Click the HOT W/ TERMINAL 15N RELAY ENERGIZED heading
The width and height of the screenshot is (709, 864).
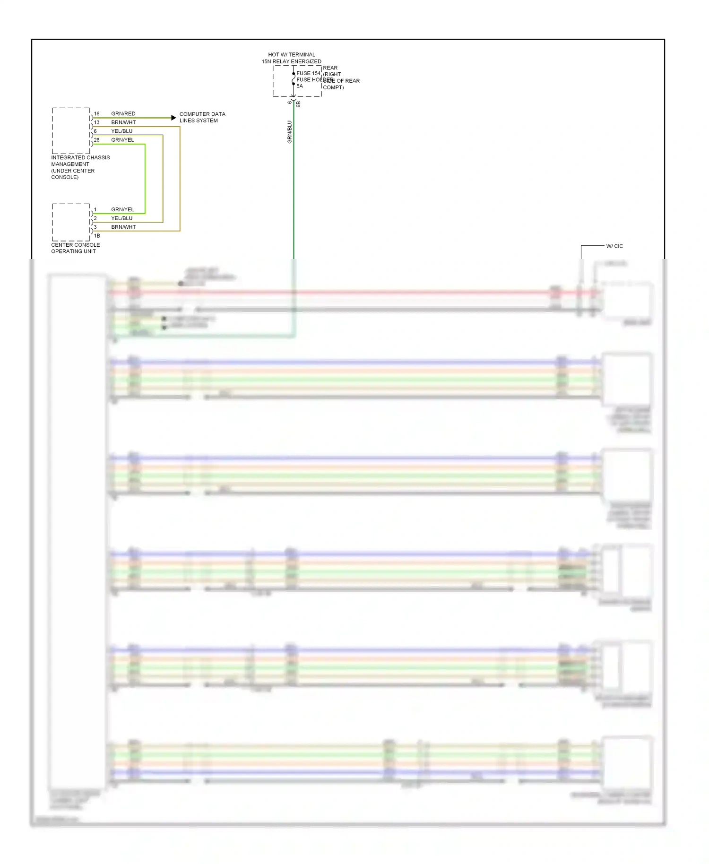(x=291, y=58)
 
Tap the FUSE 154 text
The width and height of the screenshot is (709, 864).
(x=308, y=73)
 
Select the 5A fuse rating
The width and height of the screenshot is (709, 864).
(x=300, y=86)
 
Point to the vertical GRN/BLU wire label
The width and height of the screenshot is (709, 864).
(x=289, y=132)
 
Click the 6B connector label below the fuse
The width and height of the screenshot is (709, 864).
(x=298, y=104)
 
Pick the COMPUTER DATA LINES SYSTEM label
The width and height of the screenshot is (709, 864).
(x=202, y=117)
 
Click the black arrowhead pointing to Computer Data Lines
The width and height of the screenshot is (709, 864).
(x=173, y=118)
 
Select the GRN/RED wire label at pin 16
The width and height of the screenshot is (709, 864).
(x=123, y=113)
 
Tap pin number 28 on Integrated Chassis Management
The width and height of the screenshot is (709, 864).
(x=96, y=140)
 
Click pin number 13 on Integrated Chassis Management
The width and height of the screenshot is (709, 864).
(x=96, y=122)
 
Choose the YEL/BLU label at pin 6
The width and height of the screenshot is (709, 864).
(x=121, y=131)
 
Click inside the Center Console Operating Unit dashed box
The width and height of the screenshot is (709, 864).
(x=70, y=222)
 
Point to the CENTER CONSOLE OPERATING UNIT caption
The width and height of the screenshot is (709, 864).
(x=75, y=248)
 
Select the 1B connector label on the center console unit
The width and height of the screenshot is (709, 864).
(x=97, y=236)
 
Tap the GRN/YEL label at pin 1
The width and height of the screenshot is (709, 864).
(x=122, y=209)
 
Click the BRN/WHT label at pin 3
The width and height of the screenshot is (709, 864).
(x=123, y=227)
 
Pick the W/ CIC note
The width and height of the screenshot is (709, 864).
(x=614, y=246)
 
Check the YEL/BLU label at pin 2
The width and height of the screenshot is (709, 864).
(x=121, y=218)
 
